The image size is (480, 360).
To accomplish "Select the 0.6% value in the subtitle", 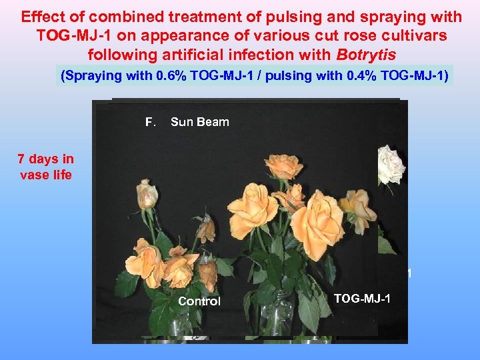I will point(170,76).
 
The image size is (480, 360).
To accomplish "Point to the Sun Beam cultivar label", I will point(199,122).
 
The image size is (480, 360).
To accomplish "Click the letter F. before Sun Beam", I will point(151,122).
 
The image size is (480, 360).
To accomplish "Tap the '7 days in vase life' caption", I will point(45,167).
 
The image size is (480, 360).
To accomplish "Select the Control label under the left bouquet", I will point(199,301).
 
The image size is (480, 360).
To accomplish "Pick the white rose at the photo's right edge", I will point(391,163).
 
